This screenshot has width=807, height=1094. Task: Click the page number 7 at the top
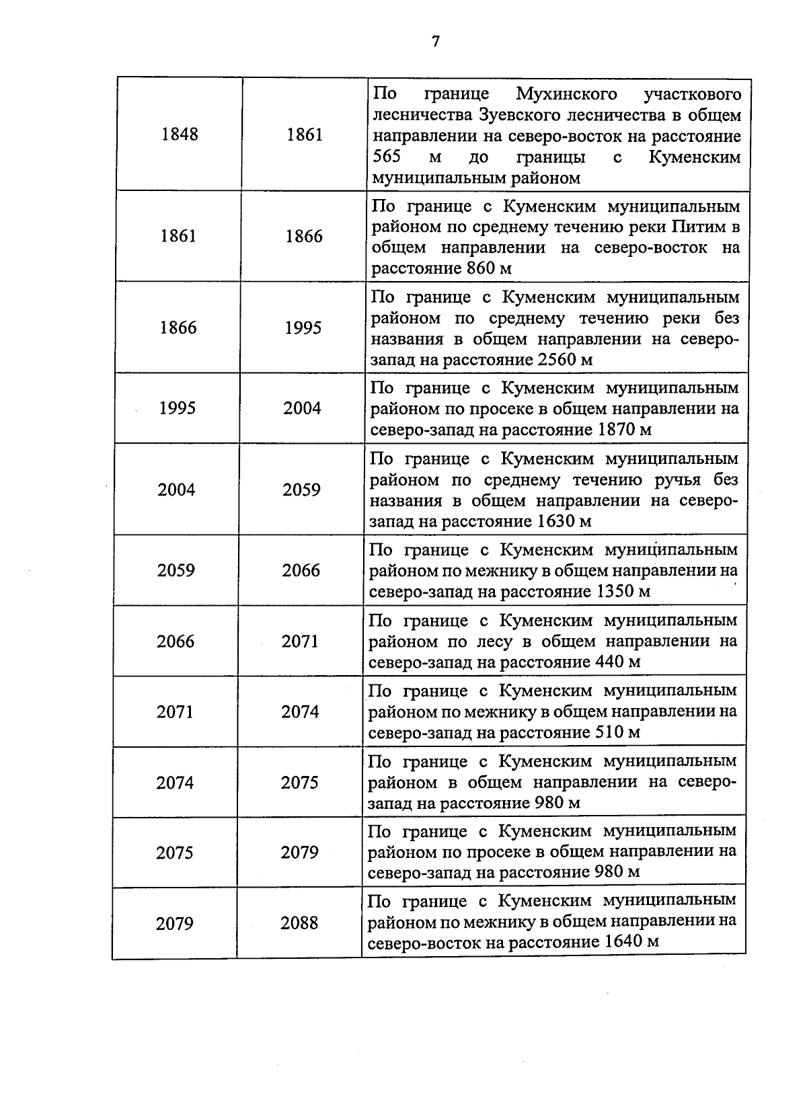pos(435,42)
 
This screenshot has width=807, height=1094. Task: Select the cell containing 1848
pos(180,134)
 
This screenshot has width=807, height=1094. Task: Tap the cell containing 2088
pos(299,923)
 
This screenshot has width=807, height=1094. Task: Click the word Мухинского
pos(567,93)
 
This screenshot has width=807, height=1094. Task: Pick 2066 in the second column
pos(301,571)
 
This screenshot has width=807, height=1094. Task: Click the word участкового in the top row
pos(693,93)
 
